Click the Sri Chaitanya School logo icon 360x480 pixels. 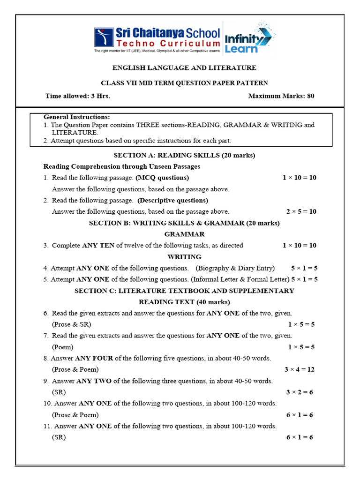click(x=104, y=37)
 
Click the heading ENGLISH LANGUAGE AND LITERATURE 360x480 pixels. click(x=184, y=68)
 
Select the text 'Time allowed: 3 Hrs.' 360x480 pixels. click(x=78, y=96)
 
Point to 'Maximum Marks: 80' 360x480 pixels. click(x=281, y=96)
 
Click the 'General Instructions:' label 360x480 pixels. click(x=77, y=117)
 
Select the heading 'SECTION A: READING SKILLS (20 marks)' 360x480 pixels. click(x=184, y=155)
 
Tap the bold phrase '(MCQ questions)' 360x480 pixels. click(x=162, y=178)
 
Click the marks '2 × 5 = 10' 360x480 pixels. click(x=301, y=211)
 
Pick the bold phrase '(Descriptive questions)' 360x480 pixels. click(x=172, y=200)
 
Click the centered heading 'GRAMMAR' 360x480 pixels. click(x=184, y=234)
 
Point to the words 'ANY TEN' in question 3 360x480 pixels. click(x=98, y=245)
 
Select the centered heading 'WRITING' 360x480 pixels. click(x=184, y=257)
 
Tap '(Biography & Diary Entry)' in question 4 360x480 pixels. click(x=235, y=268)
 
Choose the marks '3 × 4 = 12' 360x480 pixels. click(x=299, y=369)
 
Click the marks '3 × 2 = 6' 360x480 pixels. click(x=300, y=392)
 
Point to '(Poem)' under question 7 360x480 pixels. click(x=63, y=347)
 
